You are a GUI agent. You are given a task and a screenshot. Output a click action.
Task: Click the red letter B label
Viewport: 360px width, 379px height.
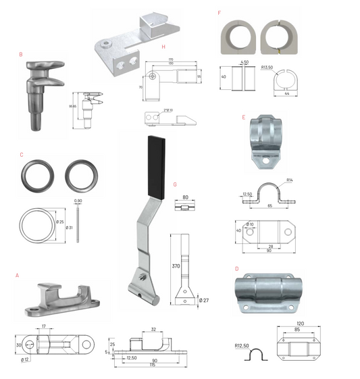(x=22, y=54)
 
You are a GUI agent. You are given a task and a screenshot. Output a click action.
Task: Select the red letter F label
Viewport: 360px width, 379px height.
(x=219, y=12)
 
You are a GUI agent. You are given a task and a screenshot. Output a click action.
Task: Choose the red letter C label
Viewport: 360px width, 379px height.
(x=22, y=155)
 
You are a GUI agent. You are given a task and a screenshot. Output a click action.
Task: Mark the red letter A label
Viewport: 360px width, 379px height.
(x=17, y=276)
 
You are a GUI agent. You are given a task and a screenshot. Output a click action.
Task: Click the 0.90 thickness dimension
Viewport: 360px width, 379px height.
(x=78, y=201)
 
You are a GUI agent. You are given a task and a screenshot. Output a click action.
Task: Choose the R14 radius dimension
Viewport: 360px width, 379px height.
(x=288, y=180)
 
